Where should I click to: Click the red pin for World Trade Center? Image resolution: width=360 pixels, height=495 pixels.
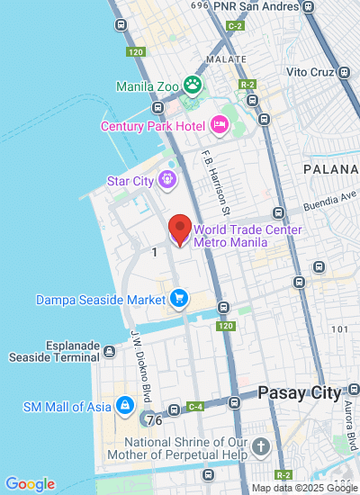(180, 229)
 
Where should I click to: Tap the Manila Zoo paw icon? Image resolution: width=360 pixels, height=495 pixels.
(192, 85)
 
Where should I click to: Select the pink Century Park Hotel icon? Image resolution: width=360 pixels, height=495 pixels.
(220, 125)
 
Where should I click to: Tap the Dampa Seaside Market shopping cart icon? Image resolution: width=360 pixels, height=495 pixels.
(180, 298)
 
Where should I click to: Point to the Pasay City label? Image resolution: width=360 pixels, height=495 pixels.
(300, 392)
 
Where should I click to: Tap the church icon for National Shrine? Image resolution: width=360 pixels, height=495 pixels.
(261, 447)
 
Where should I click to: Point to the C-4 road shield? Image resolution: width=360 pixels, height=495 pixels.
(195, 408)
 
